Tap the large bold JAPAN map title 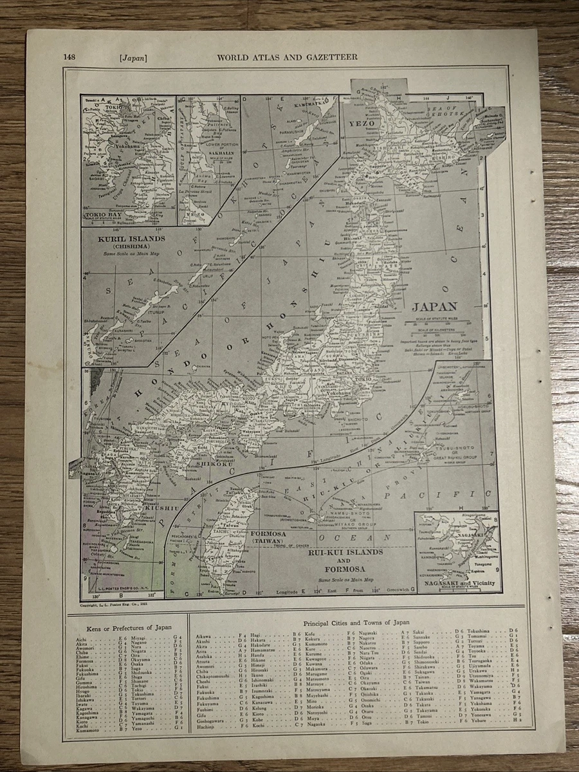pos(434,307)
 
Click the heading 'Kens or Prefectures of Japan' pos(124,626)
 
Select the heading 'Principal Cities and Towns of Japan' pos(356,623)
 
